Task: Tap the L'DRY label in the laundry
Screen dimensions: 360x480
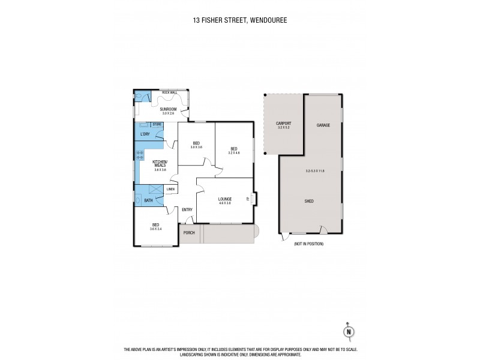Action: pyautogui.click(x=145, y=134)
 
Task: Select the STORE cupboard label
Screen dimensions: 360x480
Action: pyautogui.click(x=157, y=125)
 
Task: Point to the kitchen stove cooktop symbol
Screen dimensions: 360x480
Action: pyautogui.click(x=140, y=155)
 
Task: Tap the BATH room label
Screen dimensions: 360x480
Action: pyautogui.click(x=148, y=200)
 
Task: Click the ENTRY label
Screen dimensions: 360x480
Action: pyautogui.click(x=187, y=209)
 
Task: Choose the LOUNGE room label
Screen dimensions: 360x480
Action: pyautogui.click(x=225, y=199)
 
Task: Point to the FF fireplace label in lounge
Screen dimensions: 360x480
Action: pyautogui.click(x=248, y=199)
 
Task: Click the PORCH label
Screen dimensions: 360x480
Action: pyautogui.click(x=189, y=233)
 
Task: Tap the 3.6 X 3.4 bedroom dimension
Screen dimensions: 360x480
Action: pyautogui.click(x=156, y=229)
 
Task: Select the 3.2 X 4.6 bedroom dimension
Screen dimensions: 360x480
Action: pyautogui.click(x=234, y=152)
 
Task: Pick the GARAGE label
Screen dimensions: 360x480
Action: pyautogui.click(x=323, y=125)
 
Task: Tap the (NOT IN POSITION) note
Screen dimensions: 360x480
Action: pyautogui.click(x=309, y=244)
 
